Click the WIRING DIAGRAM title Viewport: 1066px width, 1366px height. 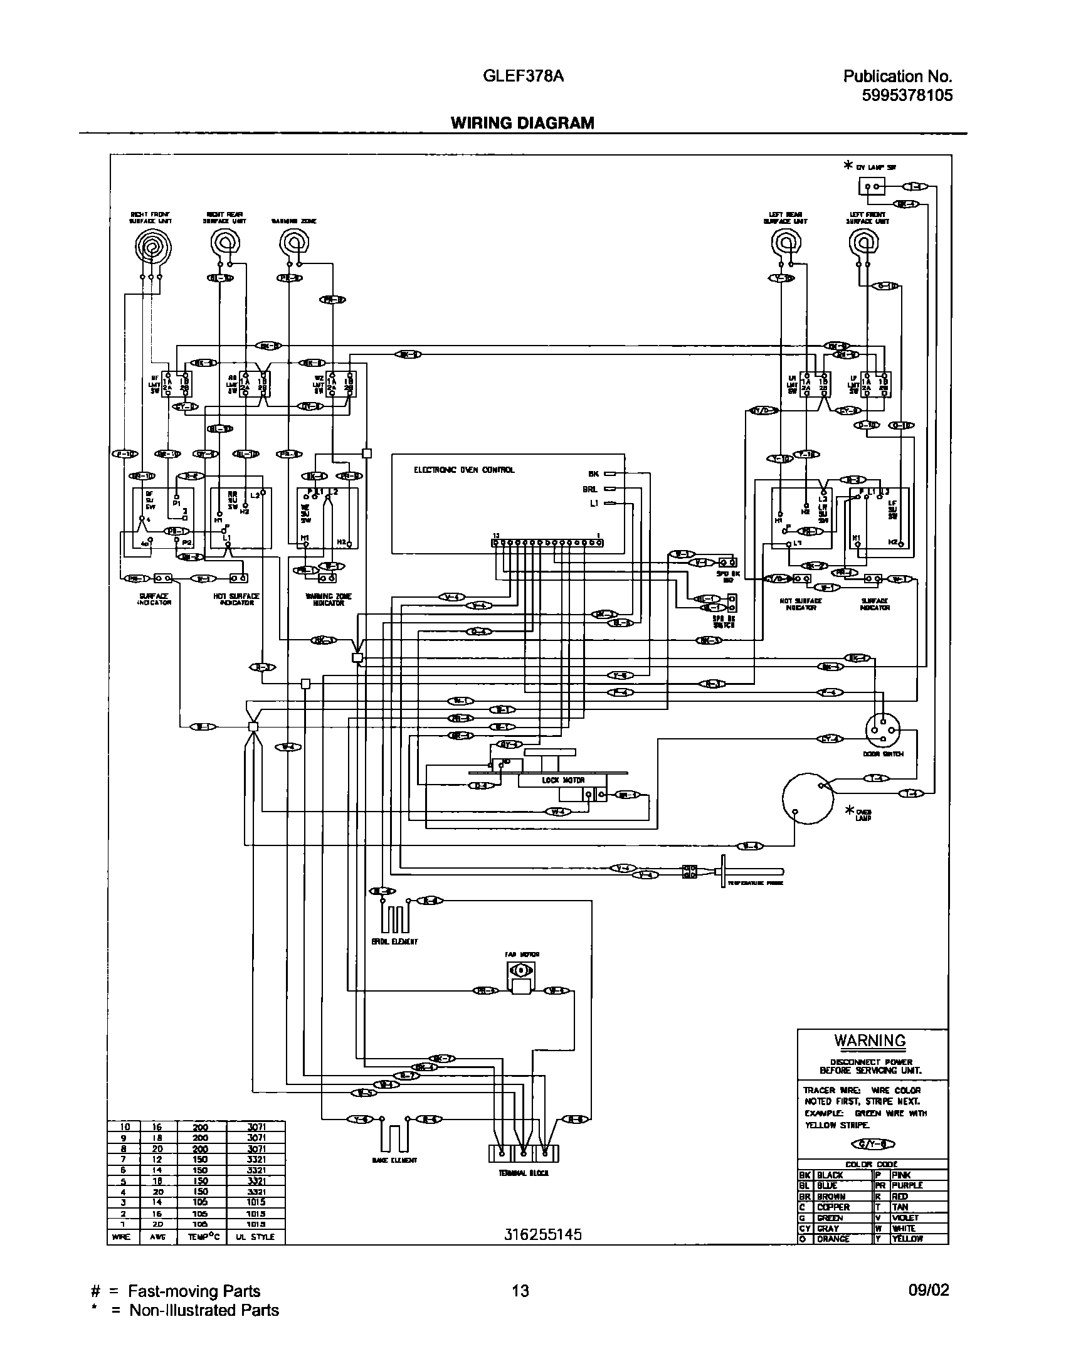[522, 123]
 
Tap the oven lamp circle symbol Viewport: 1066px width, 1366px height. [807, 798]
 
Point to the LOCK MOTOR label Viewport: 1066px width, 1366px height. [563, 780]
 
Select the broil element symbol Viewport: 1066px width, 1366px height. [395, 919]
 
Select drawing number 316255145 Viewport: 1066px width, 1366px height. [543, 1234]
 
